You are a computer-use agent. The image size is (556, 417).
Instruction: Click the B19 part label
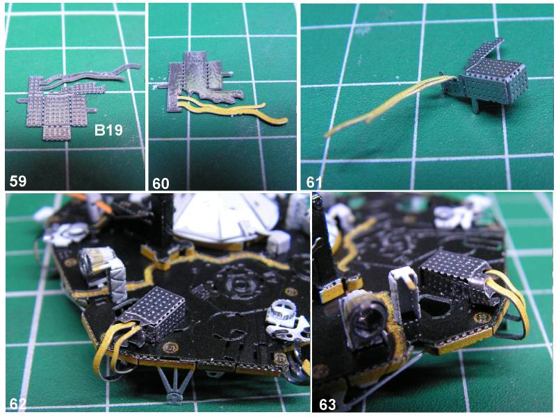pyautogui.click(x=108, y=131)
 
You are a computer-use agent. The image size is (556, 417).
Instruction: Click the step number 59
pyautogui.click(x=18, y=181)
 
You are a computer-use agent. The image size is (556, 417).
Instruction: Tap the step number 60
pyautogui.click(x=161, y=183)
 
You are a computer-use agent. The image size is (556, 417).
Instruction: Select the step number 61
pyautogui.click(x=314, y=183)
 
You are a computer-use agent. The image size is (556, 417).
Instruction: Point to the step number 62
pyautogui.click(x=18, y=404)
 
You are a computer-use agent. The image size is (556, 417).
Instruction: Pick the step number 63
pyautogui.click(x=327, y=404)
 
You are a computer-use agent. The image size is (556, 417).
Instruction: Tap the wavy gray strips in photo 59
pyautogui.click(x=90, y=75)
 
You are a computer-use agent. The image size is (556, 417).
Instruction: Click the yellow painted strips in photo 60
pyautogui.click(x=231, y=108)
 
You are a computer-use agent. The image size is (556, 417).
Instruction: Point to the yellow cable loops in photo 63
pyautogui.click(x=511, y=302)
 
